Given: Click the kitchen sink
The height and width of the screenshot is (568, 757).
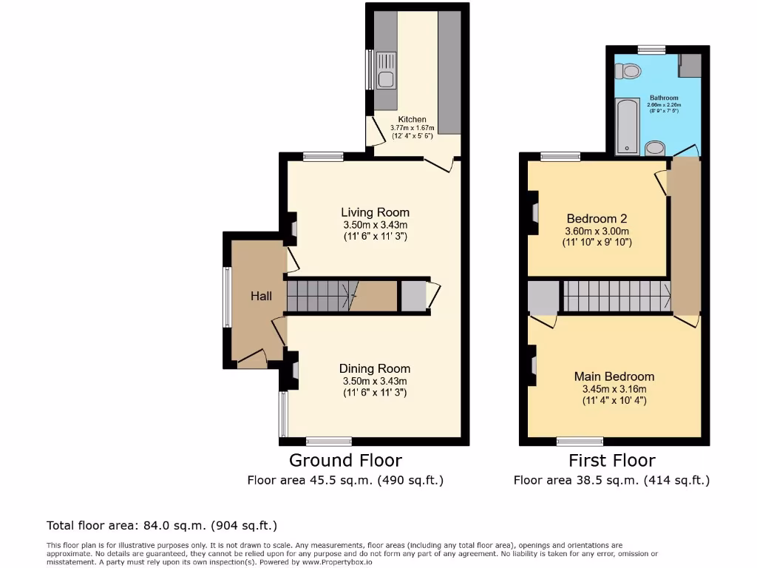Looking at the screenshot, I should [x=386, y=71].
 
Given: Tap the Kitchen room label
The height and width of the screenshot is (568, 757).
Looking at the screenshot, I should [x=413, y=119].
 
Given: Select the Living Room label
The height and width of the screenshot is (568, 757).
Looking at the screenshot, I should [x=376, y=212].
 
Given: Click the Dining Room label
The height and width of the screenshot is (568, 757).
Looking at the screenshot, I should [x=375, y=368].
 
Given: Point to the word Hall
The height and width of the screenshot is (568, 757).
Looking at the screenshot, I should [x=261, y=296].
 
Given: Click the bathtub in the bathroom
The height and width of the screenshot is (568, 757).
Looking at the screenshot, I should [x=627, y=126].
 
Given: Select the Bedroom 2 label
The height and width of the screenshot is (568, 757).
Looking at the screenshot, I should [x=597, y=218].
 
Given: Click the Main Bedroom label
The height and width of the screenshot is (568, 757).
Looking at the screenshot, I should [x=614, y=376].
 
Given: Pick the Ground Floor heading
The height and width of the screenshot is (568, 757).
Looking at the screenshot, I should [x=345, y=461].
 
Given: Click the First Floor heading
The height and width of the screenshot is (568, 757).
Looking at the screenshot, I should [x=611, y=461].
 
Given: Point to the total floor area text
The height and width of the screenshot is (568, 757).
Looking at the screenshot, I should [x=162, y=526].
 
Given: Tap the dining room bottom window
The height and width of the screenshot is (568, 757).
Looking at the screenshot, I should [x=329, y=442].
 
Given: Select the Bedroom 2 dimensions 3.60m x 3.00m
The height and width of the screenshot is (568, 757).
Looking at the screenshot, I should [x=597, y=231].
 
